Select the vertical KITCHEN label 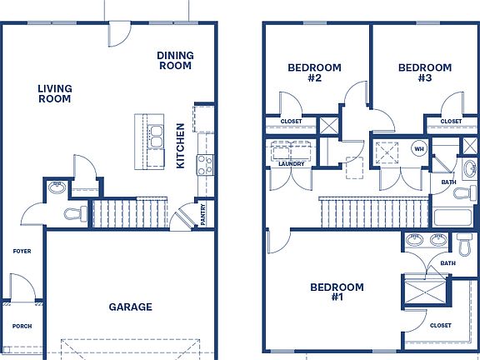point(181,146)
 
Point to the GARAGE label point(130,307)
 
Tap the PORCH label point(22,326)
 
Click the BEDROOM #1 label point(337,292)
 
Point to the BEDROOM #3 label point(424,73)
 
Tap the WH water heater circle point(419,150)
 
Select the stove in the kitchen point(205,164)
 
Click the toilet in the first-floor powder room point(77,214)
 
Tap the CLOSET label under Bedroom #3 point(451,122)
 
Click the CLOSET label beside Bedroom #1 point(442,325)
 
